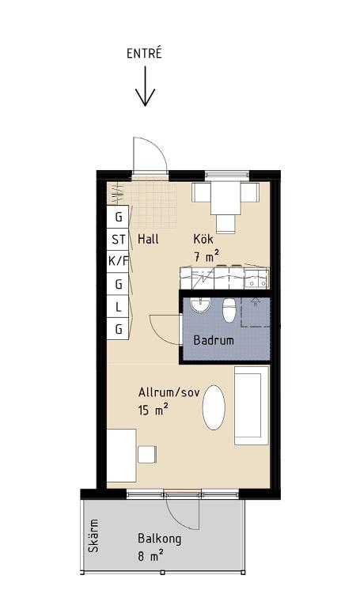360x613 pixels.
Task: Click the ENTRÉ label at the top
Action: point(144,54)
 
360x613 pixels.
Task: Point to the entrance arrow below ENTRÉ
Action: point(145,86)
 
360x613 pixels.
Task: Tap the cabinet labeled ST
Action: point(119,239)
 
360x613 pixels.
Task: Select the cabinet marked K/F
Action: point(119,261)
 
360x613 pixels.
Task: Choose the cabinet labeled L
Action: point(119,307)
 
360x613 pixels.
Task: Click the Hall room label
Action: point(148,239)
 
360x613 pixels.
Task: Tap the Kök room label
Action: point(203,238)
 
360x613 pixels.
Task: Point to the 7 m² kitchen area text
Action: point(206,257)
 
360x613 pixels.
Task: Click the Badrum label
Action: point(214,340)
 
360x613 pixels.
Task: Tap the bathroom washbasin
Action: point(201,305)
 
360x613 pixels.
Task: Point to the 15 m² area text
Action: point(153,410)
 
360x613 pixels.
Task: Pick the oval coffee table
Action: point(214,408)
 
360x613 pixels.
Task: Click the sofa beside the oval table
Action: point(252,406)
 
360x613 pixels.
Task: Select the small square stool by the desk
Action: point(147,454)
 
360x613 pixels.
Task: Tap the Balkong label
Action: point(160,539)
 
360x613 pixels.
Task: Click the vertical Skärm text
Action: point(93,535)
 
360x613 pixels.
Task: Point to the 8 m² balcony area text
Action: point(150,556)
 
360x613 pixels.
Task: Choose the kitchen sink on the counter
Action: point(256,279)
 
